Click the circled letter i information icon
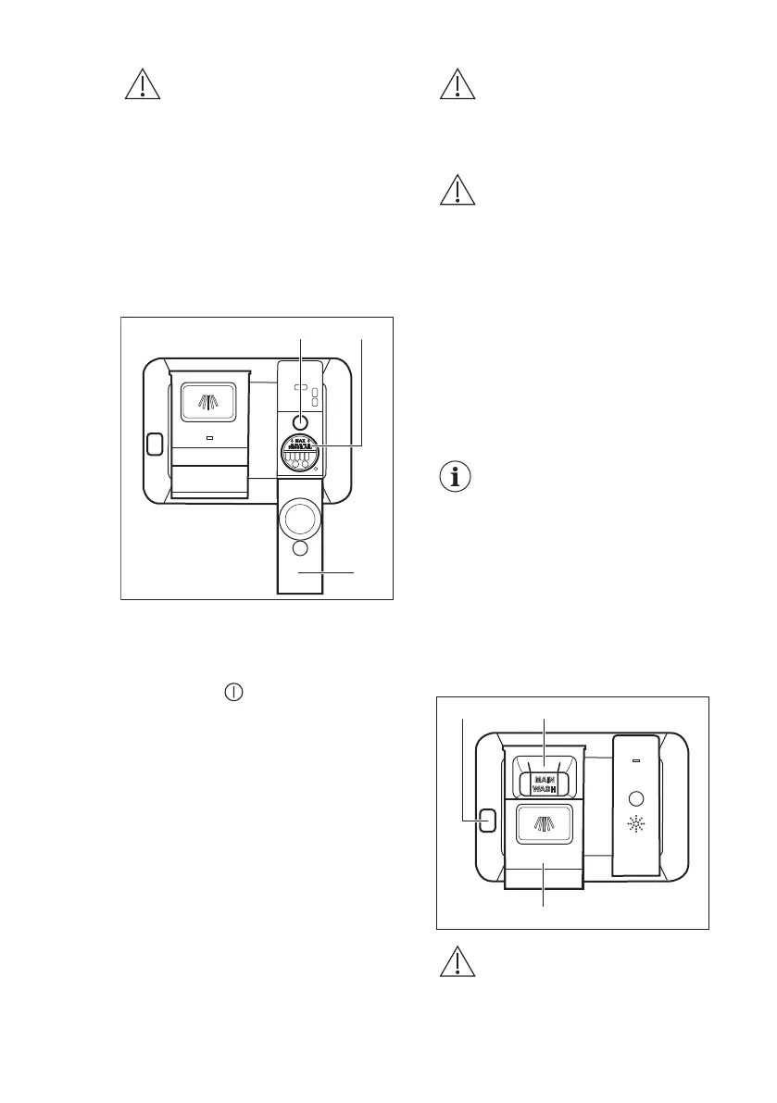(x=453, y=478)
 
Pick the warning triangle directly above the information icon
(x=457, y=191)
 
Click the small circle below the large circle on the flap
(x=300, y=550)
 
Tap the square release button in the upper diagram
(x=154, y=445)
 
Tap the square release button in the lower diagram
(x=486, y=819)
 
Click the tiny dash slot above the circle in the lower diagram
(x=637, y=761)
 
